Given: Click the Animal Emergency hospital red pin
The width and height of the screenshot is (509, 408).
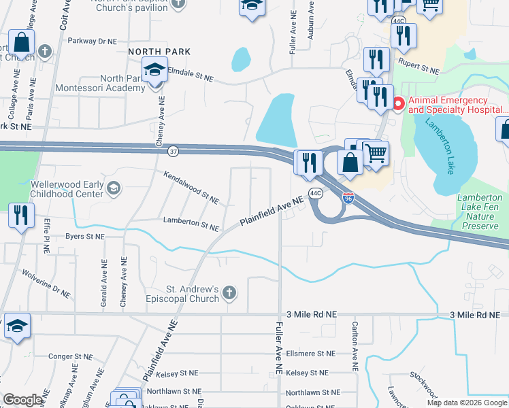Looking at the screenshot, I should [x=398, y=104].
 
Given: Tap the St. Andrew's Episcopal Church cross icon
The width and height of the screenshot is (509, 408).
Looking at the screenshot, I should [x=230, y=293].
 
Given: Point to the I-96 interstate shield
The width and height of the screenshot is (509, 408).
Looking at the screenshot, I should [x=348, y=199].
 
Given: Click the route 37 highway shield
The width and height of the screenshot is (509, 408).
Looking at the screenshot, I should [x=174, y=151].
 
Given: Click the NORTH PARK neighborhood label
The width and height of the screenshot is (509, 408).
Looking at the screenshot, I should [x=159, y=52].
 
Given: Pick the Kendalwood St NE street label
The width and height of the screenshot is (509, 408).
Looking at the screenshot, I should [x=191, y=188].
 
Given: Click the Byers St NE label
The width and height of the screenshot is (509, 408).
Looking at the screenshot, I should [x=84, y=237].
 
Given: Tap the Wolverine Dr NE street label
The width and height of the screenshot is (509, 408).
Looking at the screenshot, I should [x=46, y=284].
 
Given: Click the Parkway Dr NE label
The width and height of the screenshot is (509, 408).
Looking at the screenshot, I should [x=93, y=41].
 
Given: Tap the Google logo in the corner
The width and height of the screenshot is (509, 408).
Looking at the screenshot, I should [x=22, y=400].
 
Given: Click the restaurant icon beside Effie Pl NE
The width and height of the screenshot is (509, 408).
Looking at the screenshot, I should [x=20, y=216].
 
